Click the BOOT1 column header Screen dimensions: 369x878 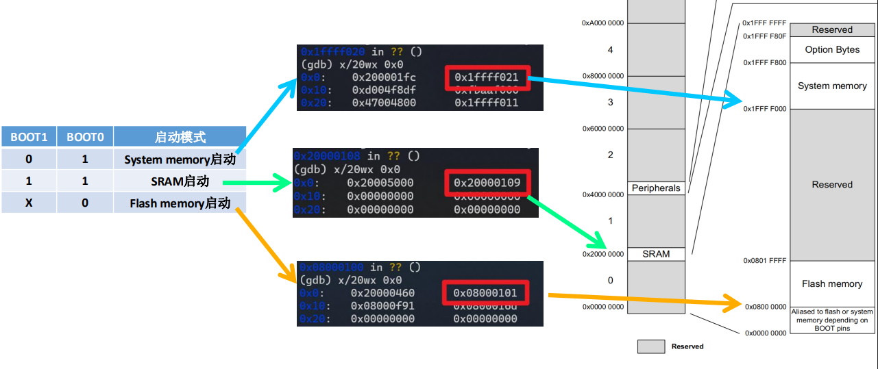pos(29,137)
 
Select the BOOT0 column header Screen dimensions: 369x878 pos(85,137)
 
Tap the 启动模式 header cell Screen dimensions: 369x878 pos(180,137)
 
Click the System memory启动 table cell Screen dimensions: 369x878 pos(180,160)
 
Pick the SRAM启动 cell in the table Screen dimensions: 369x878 pos(180,181)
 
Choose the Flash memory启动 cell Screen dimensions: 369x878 pos(180,203)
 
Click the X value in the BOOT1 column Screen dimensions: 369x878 pos(29,203)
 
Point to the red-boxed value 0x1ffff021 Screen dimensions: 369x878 pos(487,77)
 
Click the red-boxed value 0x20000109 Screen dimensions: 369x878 pos(487,183)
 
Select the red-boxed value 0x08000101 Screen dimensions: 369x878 pos(485,293)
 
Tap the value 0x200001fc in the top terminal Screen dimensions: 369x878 pos(384,77)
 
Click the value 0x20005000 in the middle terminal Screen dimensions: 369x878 pos(380,183)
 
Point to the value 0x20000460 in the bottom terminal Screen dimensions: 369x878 pos(382,293)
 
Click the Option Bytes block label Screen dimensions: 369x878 pos(832,49)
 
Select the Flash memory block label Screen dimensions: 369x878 pos(832,283)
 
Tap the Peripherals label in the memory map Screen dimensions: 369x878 pos(656,188)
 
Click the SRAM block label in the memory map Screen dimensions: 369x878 pos(656,254)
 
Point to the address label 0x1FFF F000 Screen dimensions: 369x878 pos(765,109)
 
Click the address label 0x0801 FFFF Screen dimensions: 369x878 pos(765,261)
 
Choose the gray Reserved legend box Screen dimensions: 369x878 pos(651,346)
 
